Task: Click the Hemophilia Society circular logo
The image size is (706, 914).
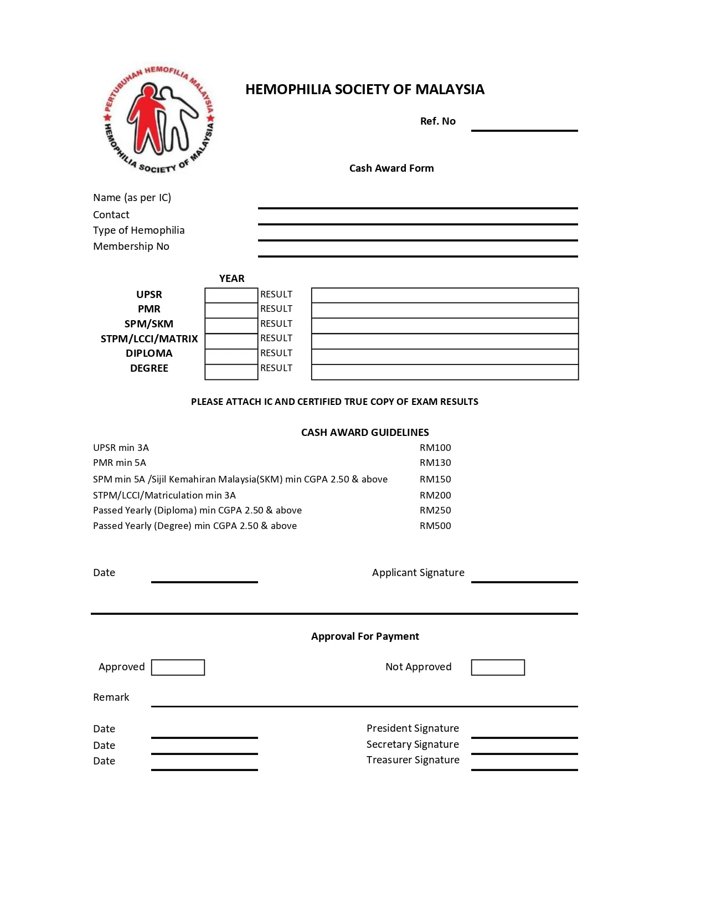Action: (159, 119)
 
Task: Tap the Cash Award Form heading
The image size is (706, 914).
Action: (391, 168)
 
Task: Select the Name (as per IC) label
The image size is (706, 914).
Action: (132, 198)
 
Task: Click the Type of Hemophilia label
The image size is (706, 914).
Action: (138, 230)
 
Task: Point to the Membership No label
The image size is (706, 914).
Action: (131, 247)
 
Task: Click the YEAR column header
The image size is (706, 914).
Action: (231, 279)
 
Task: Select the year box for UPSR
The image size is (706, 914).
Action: (231, 295)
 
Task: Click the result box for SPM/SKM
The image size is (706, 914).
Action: (445, 326)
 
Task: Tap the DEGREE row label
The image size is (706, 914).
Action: (149, 368)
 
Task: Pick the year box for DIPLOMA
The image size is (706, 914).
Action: (231, 357)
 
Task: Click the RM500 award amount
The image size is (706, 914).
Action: (435, 526)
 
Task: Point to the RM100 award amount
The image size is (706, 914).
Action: (435, 448)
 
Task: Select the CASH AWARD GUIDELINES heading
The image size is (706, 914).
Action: (365, 433)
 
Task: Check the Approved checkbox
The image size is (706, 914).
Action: (178, 667)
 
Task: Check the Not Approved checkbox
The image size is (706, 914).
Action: (498, 667)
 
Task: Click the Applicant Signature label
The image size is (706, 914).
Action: (418, 573)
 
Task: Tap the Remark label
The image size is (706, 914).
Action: (111, 697)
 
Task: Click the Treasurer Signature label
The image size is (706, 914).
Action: (413, 760)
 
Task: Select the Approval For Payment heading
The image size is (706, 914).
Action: (365, 636)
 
